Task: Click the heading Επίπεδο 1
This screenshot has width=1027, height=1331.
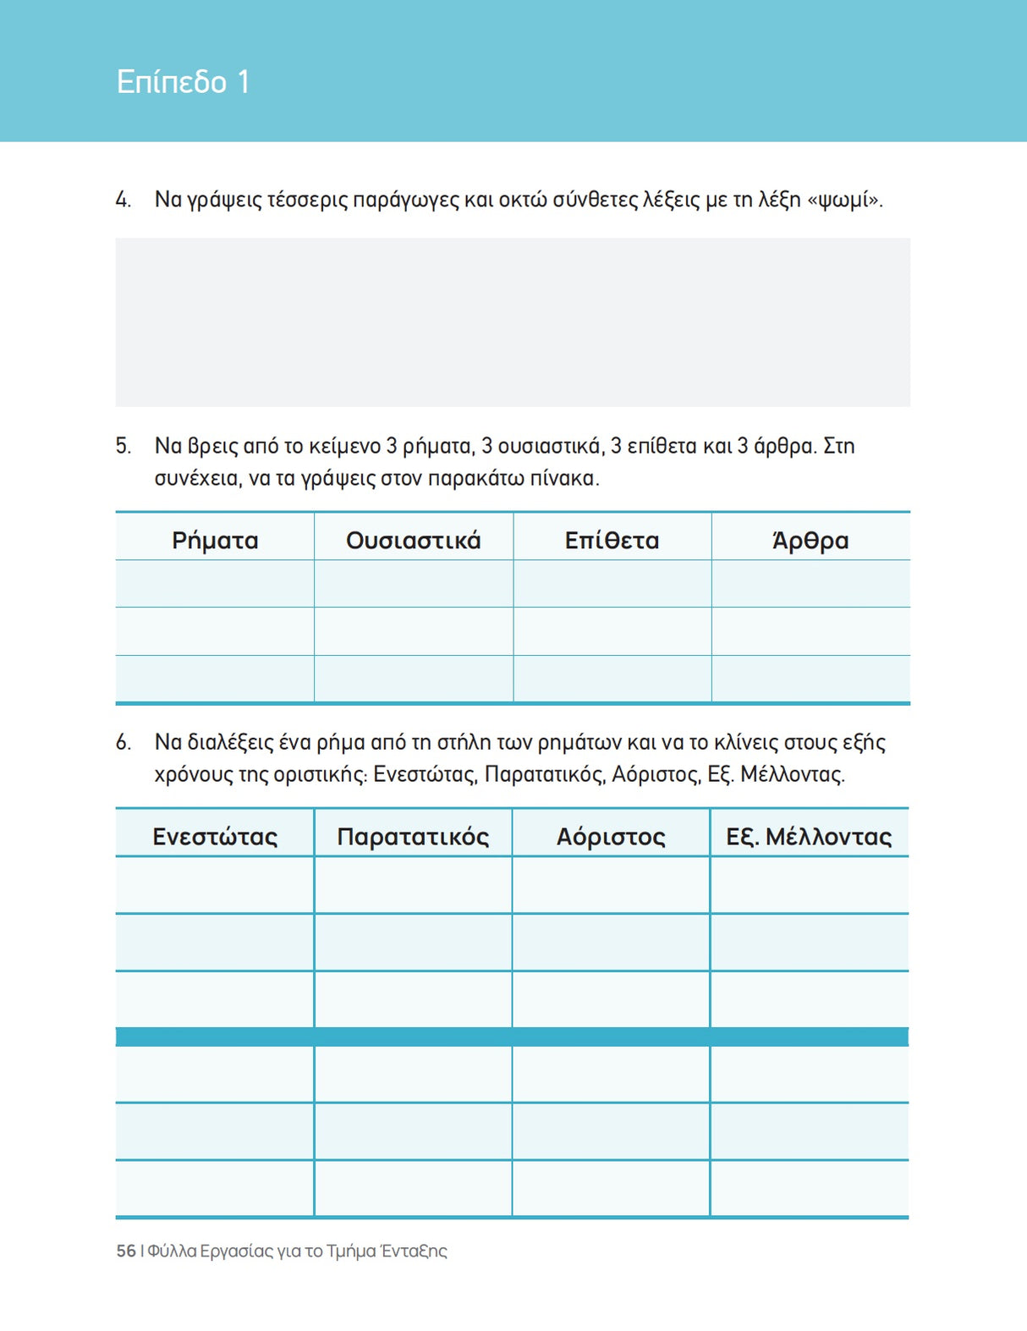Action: tap(183, 82)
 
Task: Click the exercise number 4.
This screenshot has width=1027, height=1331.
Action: tap(123, 201)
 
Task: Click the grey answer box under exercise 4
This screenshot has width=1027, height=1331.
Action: tap(513, 322)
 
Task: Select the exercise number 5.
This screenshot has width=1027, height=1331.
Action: tap(123, 446)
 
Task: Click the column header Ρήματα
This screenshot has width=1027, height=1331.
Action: tap(215, 540)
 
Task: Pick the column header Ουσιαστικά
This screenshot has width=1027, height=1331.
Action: tap(413, 540)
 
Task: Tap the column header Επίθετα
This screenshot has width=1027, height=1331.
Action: tap(612, 540)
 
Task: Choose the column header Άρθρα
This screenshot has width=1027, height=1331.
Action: tap(810, 540)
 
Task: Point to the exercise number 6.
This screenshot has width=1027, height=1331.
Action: tap(123, 743)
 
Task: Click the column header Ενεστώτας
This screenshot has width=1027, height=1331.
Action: tap(215, 836)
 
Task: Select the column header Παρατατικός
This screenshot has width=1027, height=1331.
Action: tap(413, 836)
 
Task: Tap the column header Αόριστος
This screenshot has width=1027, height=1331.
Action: tap(611, 836)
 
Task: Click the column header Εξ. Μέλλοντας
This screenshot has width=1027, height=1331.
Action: tap(809, 836)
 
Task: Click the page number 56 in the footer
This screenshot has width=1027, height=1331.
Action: tap(126, 1251)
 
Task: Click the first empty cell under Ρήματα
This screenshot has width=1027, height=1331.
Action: tap(215, 584)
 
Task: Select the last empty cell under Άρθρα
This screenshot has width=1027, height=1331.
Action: tap(810, 679)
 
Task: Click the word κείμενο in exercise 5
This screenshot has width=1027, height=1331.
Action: tap(344, 446)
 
